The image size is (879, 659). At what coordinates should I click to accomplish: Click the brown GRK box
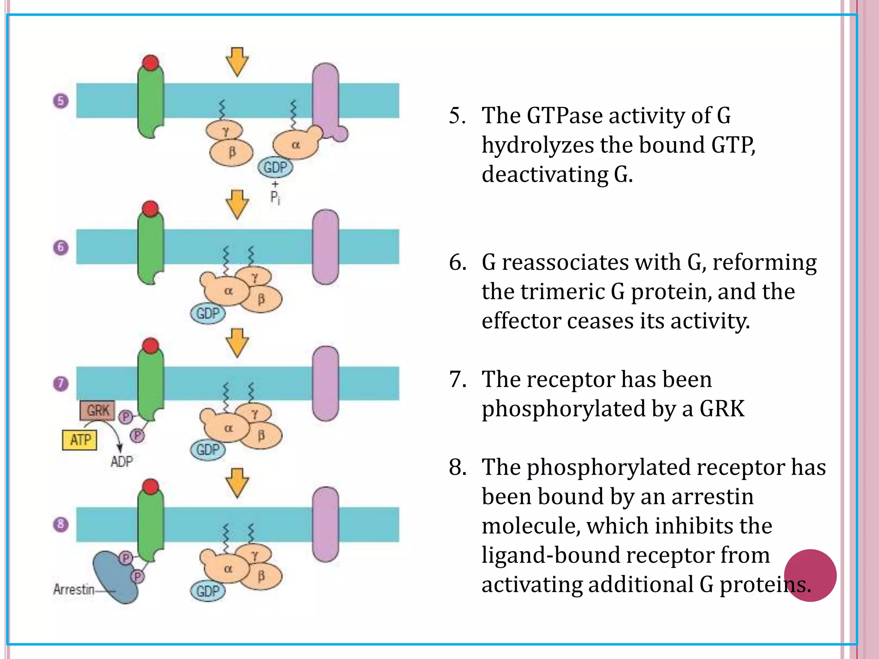pyautogui.click(x=97, y=411)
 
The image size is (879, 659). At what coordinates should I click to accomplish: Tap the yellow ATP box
pyautogui.click(x=79, y=440)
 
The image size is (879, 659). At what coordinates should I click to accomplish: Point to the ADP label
pyautogui.click(x=121, y=462)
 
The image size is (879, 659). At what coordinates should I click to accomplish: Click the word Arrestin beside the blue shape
pyautogui.click(x=73, y=589)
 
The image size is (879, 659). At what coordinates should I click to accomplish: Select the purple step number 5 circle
pyautogui.click(x=61, y=101)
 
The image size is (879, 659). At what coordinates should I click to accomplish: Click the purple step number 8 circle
pyautogui.click(x=61, y=524)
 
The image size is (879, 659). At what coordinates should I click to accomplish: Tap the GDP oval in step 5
pyautogui.click(x=275, y=167)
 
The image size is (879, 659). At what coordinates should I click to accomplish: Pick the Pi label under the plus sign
pyautogui.click(x=275, y=198)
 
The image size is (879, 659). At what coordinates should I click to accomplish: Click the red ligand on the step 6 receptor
pyautogui.click(x=150, y=209)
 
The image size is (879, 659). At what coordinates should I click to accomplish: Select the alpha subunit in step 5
pyautogui.click(x=296, y=145)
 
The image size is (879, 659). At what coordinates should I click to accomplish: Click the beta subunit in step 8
pyautogui.click(x=261, y=576)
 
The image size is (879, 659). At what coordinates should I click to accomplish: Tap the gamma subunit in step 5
pyautogui.click(x=225, y=130)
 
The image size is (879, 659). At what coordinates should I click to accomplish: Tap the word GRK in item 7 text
pyautogui.click(x=722, y=408)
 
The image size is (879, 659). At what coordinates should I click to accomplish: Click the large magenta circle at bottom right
pyautogui.click(x=810, y=575)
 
